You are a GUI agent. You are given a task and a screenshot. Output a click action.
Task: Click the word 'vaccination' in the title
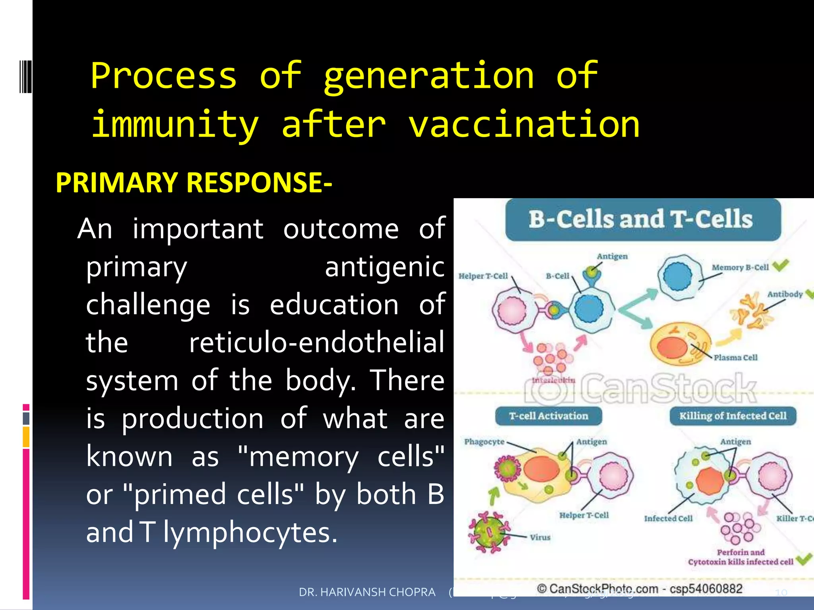524,124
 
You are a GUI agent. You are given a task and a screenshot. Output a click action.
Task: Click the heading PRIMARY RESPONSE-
194,183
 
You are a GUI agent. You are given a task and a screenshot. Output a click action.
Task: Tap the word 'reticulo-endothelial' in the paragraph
316,342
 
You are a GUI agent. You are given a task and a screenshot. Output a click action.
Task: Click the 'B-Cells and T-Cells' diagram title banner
642,220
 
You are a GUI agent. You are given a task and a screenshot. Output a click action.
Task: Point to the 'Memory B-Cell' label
740,267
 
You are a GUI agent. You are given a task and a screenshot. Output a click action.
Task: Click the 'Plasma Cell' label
735,357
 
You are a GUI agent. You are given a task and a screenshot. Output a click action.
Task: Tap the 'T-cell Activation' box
548,416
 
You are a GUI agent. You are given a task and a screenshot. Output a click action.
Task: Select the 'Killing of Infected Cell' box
733,416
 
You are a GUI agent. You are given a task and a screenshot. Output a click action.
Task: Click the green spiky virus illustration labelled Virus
489,532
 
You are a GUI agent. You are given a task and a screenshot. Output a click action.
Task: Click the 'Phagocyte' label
484,442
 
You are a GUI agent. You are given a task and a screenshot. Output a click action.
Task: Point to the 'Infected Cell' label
668,518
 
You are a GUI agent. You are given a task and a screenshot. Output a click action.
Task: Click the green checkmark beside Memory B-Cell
780,265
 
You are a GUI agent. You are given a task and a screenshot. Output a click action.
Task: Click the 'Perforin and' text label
740,552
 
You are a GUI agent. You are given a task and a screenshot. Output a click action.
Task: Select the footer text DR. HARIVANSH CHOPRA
367,592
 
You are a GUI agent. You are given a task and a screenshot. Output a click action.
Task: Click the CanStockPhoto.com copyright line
639,589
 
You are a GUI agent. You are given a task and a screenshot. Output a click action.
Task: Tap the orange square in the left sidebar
26,437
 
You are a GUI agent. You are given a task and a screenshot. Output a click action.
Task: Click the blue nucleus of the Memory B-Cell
677,277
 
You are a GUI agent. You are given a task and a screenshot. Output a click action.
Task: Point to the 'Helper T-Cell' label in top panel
483,276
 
